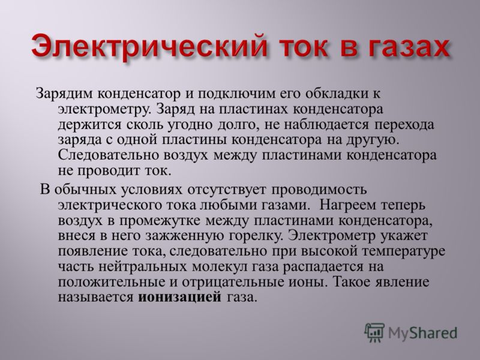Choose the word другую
coord(373,140)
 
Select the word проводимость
coord(319,190)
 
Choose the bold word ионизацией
coord(179,298)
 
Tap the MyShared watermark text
coord(423,333)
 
